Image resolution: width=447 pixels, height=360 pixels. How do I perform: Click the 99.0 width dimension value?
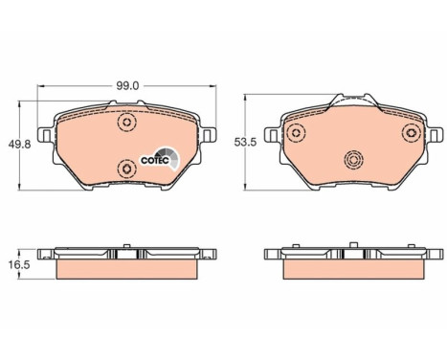click(127, 86)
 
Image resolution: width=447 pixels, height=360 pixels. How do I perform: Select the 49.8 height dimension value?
click(19, 145)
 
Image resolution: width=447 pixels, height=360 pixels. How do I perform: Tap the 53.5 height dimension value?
click(245, 143)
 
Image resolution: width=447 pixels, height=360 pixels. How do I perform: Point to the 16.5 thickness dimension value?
click(20, 264)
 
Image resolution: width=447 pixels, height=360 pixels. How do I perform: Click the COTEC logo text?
click(155, 161)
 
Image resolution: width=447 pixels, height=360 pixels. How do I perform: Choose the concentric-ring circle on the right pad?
click(354, 160)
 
